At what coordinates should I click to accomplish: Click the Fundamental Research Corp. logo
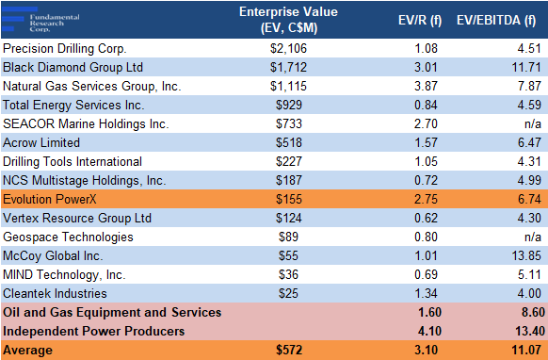[40, 20]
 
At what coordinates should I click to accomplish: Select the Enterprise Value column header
[289, 20]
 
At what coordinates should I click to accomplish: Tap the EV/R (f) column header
[420, 21]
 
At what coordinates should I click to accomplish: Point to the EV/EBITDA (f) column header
[496, 21]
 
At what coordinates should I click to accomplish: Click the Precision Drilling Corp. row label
[64, 49]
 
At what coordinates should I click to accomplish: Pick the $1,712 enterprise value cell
[288, 67]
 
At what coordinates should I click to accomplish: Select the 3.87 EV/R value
[426, 86]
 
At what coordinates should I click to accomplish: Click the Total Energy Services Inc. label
[73, 105]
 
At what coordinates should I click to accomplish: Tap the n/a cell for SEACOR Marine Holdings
[533, 123]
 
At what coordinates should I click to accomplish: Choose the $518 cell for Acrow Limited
[289, 142]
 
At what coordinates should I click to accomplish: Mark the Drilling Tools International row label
[73, 162]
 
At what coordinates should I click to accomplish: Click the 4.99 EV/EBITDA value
[529, 181]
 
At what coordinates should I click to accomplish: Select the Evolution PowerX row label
[49, 199]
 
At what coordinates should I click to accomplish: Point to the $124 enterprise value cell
[289, 218]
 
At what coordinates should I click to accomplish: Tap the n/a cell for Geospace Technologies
[533, 237]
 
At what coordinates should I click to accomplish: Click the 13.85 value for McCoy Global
[526, 255]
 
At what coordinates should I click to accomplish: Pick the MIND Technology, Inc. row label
[64, 275]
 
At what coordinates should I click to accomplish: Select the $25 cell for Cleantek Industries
[288, 293]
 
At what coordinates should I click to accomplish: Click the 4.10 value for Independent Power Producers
[429, 331]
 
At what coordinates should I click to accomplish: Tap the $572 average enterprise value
[289, 350]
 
